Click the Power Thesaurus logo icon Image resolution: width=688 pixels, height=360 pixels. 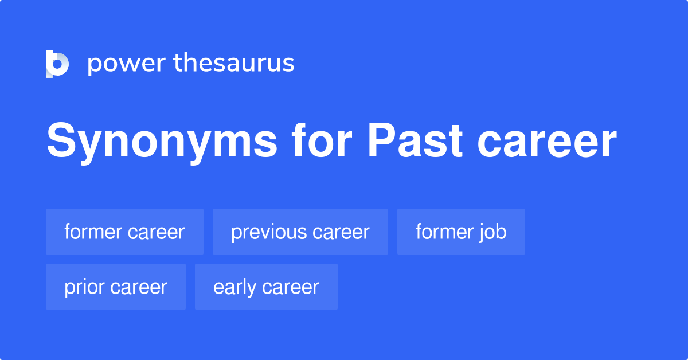[x=57, y=64]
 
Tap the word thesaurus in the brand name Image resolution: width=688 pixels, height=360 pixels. [x=234, y=64]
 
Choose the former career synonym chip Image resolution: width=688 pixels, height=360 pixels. [x=124, y=232]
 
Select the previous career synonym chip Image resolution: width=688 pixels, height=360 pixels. [x=300, y=232]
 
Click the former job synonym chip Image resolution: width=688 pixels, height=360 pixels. [x=461, y=232]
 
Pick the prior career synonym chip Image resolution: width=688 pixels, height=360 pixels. [x=116, y=287]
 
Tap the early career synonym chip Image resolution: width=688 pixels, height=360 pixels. [x=266, y=287]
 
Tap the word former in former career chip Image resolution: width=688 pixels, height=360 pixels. [x=93, y=232]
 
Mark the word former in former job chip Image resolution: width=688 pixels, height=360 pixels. [x=444, y=232]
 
